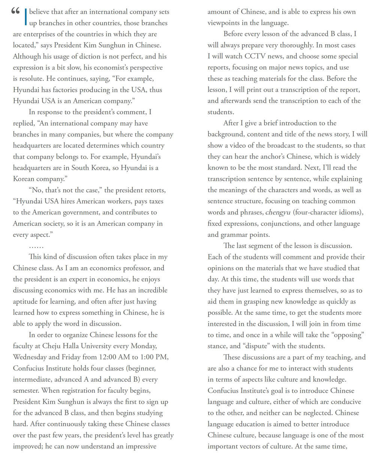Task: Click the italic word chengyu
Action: (277, 212)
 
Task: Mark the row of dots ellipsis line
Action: (36, 246)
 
